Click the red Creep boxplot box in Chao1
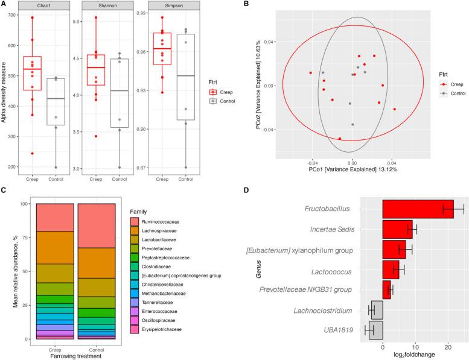pyautogui.click(x=36, y=73)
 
